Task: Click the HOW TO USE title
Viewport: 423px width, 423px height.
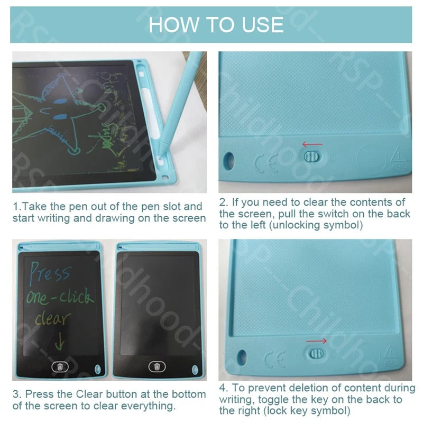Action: (x=215, y=24)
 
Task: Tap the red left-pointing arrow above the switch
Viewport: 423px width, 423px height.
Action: (x=312, y=144)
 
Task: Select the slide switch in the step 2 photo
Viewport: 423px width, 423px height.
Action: (x=311, y=157)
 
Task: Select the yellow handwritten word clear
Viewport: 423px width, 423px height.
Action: (x=52, y=319)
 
